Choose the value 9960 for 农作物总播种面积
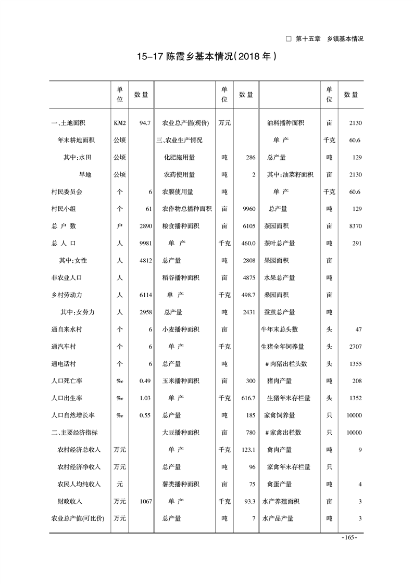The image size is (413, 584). (248, 209)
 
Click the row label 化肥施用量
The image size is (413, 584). (179, 157)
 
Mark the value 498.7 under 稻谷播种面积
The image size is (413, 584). (248, 295)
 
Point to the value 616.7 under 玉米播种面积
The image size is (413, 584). (248, 398)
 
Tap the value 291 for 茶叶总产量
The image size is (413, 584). (356, 243)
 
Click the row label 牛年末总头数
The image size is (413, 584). (280, 329)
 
